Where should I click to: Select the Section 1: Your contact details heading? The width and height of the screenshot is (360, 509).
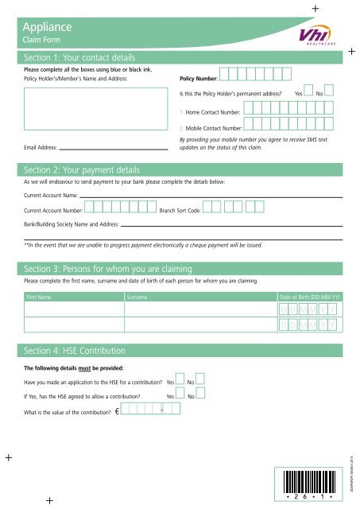[79, 59]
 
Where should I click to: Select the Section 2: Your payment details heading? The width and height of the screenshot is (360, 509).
[83, 170]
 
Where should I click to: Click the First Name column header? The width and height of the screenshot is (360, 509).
[40, 296]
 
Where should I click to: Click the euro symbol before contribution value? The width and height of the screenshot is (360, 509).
[117, 411]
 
